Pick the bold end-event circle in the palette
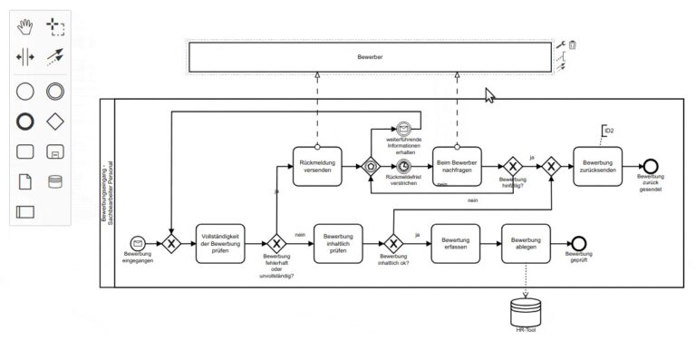(x=25, y=120)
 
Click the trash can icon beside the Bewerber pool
(x=573, y=44)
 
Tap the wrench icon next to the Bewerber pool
(x=560, y=44)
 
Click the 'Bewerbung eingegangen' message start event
(x=138, y=243)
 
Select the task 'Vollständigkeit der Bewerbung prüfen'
(x=219, y=243)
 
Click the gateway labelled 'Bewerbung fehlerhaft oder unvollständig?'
(x=277, y=243)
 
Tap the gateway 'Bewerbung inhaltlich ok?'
(x=393, y=243)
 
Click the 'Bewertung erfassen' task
(x=455, y=243)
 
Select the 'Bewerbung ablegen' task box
(x=526, y=243)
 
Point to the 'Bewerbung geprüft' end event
(x=578, y=243)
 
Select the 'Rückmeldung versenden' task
(x=316, y=166)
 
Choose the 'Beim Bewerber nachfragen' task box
(x=455, y=166)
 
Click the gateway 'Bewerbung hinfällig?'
(x=513, y=166)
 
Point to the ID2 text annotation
(x=608, y=131)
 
